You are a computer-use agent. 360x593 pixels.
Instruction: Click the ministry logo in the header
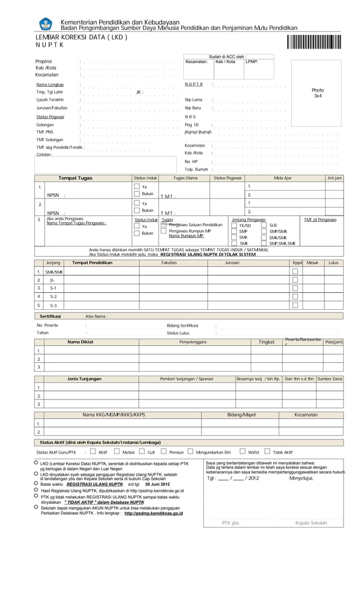(x=46, y=24)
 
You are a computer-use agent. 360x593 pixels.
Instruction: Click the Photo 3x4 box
(x=318, y=93)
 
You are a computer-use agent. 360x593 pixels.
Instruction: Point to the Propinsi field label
(x=44, y=62)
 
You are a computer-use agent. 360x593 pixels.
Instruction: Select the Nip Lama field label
(x=194, y=100)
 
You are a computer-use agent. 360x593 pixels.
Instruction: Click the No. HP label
(x=191, y=161)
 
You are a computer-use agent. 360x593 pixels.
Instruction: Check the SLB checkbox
(x=264, y=226)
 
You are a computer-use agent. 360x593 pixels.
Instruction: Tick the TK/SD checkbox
(x=234, y=226)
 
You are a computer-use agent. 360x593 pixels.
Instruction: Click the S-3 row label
(x=53, y=305)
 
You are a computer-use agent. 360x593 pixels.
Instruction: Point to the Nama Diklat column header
(x=80, y=342)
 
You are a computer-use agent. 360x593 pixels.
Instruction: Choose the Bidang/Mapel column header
(x=241, y=415)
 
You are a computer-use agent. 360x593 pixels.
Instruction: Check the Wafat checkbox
(x=242, y=451)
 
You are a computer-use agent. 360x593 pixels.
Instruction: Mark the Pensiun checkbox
(x=164, y=451)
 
